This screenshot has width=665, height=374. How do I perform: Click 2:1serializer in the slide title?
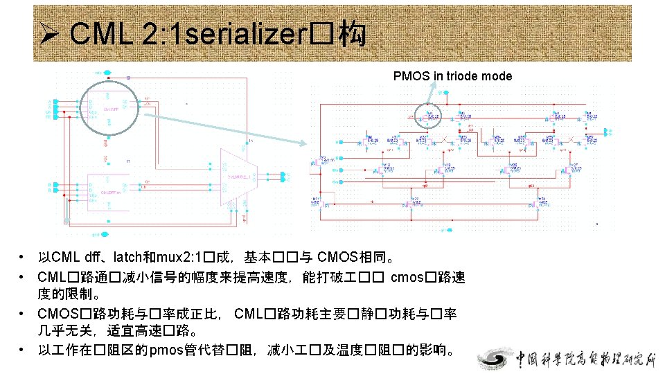[240, 33]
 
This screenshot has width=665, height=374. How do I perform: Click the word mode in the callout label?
[498, 76]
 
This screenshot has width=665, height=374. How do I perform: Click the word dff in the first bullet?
[95, 259]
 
